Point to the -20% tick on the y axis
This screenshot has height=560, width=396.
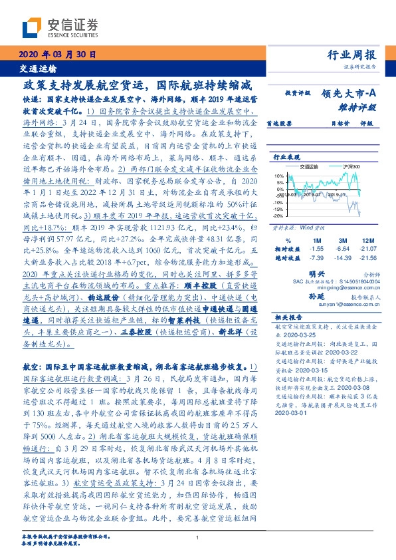point(279,216)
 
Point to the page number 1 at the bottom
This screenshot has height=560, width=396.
point(198,538)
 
